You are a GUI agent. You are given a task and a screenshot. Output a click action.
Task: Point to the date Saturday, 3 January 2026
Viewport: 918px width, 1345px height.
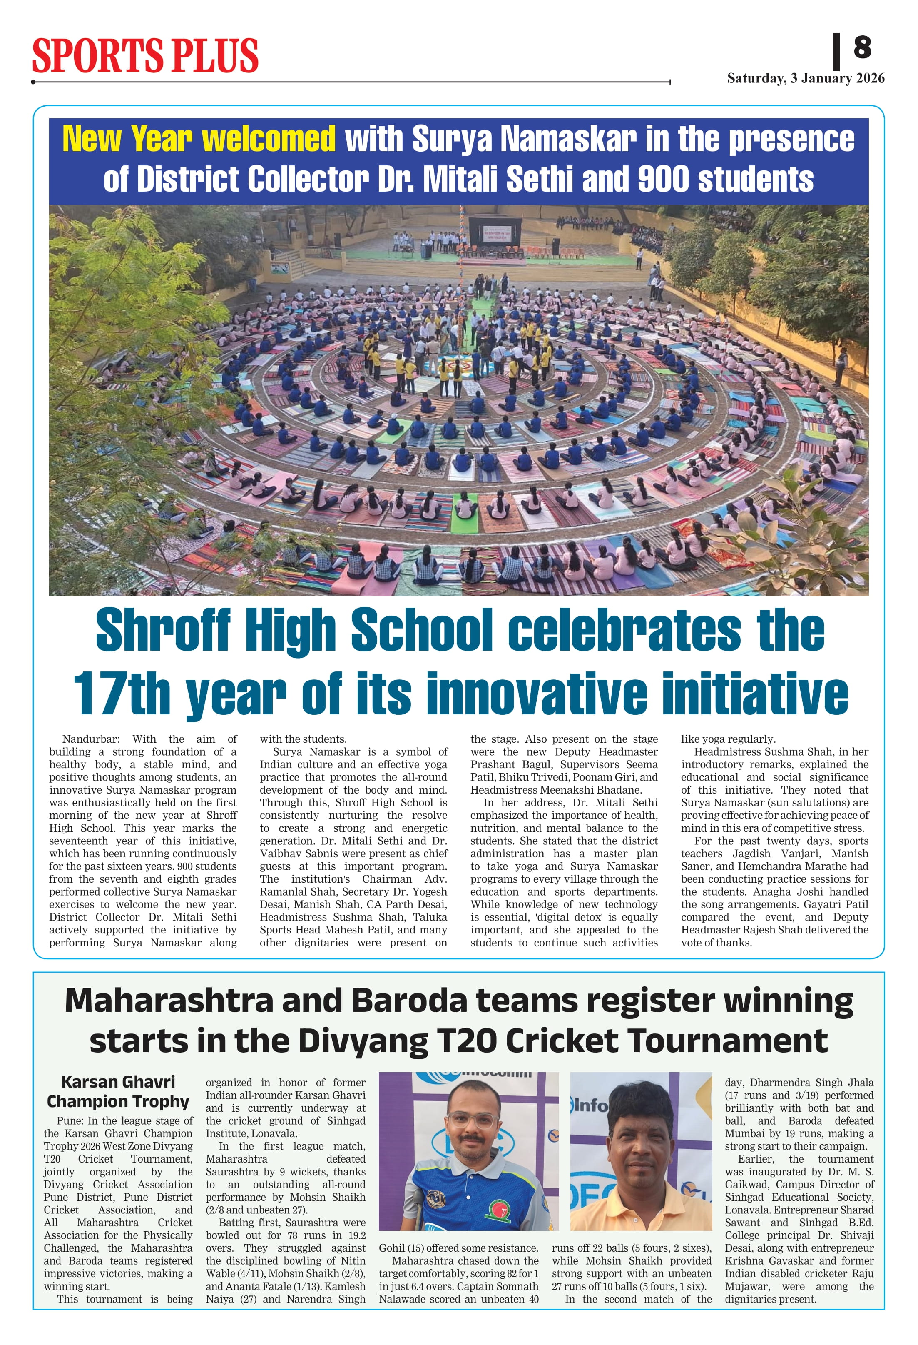(x=805, y=79)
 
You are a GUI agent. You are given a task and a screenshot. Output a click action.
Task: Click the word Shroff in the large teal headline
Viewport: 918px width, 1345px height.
(x=163, y=630)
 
